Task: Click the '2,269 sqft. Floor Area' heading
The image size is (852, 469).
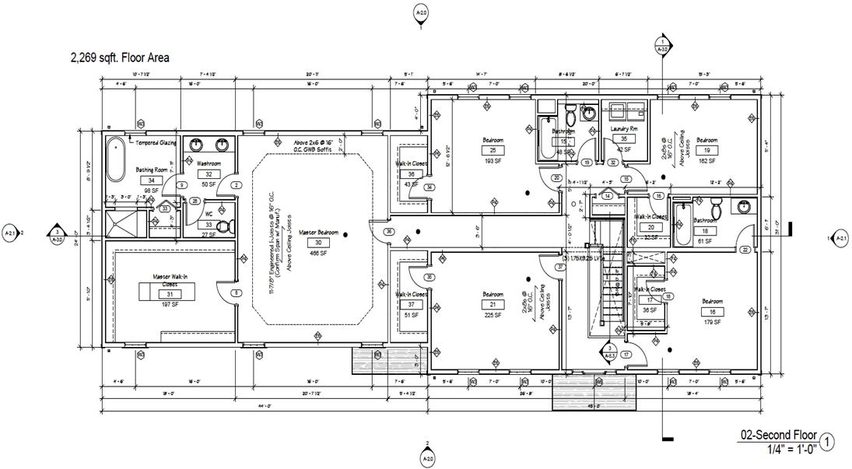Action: [x=120, y=58]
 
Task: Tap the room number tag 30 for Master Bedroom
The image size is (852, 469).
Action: [x=317, y=243]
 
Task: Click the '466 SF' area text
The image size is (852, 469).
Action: [x=317, y=254]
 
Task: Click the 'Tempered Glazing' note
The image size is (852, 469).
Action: [x=156, y=143]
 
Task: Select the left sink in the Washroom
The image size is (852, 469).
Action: [x=197, y=145]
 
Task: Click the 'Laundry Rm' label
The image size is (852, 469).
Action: [x=623, y=128]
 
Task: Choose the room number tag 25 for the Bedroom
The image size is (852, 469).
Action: [x=493, y=150]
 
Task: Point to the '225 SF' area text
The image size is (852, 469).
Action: [x=493, y=315]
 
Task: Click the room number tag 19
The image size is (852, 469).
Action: [x=706, y=150]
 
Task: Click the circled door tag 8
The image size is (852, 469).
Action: [x=236, y=292]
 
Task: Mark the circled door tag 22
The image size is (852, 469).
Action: [x=745, y=250]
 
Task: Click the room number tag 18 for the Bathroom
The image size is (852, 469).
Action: [x=705, y=231]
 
